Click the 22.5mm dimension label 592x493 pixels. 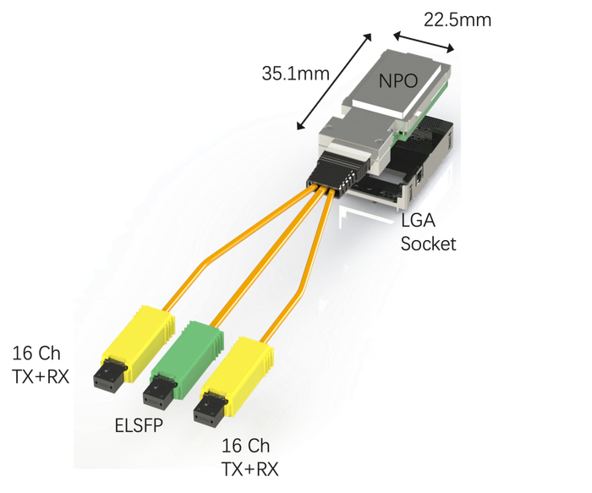(x=458, y=20)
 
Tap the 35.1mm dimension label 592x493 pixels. (x=296, y=74)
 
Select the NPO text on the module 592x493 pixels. (x=398, y=81)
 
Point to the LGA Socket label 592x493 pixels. (x=428, y=233)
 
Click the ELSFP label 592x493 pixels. (x=139, y=425)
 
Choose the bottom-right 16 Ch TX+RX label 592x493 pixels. (x=249, y=457)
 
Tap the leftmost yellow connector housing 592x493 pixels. (x=139, y=342)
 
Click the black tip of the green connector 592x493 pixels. (x=157, y=395)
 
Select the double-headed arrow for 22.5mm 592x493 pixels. (x=424, y=42)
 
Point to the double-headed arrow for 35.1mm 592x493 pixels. (x=334, y=81)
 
